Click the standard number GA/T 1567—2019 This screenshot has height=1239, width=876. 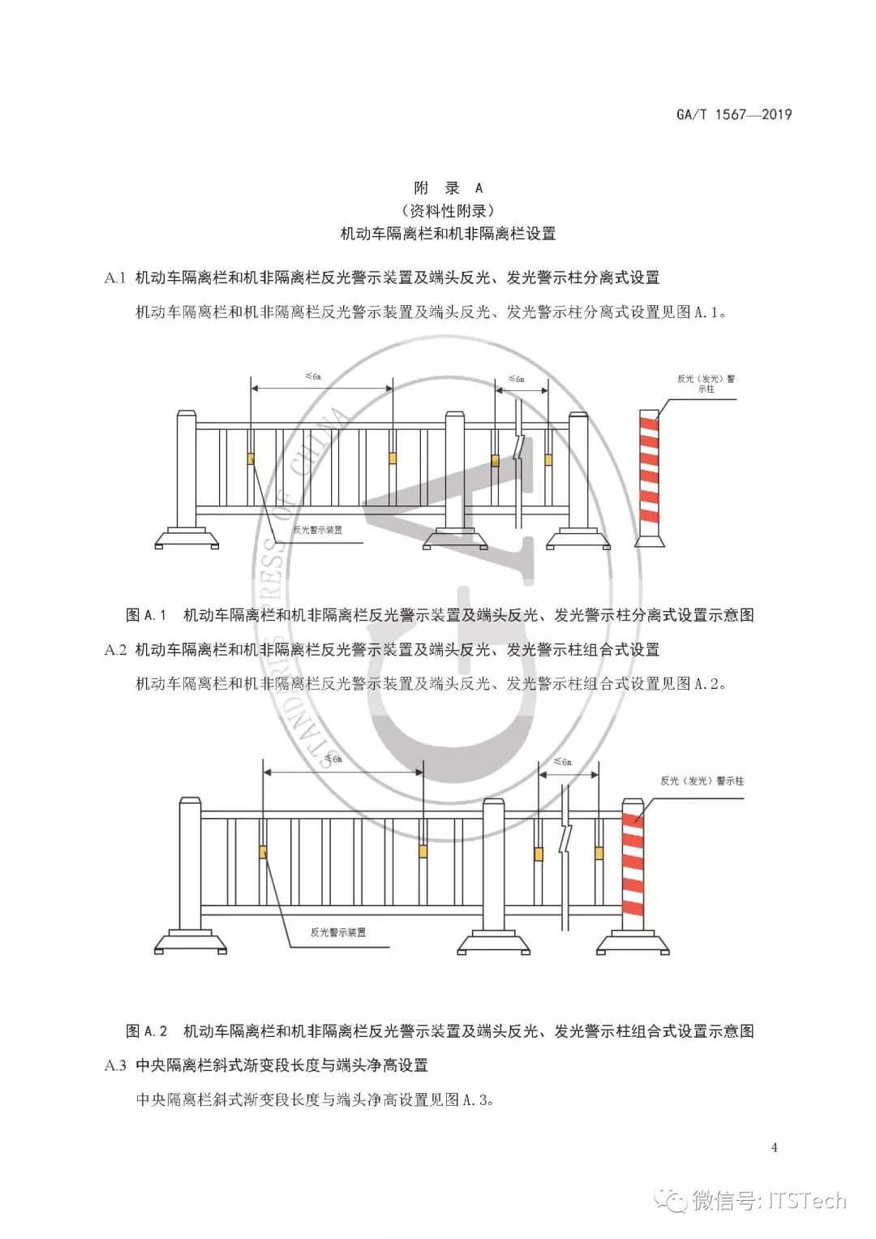click(x=733, y=114)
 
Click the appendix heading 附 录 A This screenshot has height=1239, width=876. click(x=448, y=188)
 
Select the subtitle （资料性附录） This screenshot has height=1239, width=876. click(x=448, y=211)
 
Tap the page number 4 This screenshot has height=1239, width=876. click(x=775, y=1147)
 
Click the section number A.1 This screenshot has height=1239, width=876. click(x=115, y=278)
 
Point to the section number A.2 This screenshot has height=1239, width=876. click(x=115, y=650)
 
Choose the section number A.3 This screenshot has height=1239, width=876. click(x=115, y=1065)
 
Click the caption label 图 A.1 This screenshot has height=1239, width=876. click(x=146, y=615)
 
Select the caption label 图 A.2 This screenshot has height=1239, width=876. click(x=146, y=1031)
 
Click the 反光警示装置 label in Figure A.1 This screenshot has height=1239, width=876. click(x=317, y=530)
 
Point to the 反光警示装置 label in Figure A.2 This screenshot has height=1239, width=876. click(x=337, y=933)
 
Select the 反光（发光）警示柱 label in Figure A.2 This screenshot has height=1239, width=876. click(x=702, y=781)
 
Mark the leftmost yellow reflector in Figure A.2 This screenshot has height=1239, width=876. click(x=264, y=852)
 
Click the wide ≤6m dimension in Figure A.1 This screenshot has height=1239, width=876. click(x=313, y=377)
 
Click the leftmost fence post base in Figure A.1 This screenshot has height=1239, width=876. click(x=187, y=538)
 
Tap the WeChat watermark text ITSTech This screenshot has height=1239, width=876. click(x=807, y=1200)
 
